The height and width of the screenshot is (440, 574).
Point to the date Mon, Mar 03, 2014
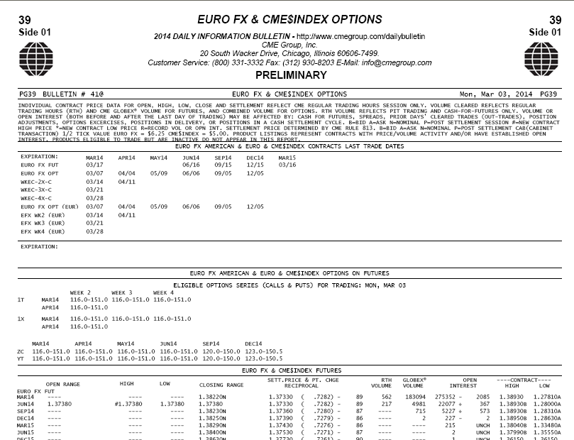pos(496,94)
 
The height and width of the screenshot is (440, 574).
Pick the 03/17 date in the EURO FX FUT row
pos(94,165)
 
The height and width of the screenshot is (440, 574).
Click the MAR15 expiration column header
pos(287,158)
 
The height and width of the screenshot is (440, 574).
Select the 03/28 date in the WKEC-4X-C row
pos(94,198)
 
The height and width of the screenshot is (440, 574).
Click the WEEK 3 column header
pos(122,292)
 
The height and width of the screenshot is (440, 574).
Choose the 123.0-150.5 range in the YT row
pos(263,358)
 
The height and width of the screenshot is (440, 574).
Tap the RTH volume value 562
pos(387,397)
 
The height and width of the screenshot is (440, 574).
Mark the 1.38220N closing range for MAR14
pos(212,397)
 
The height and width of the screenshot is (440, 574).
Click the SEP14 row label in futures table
pos(26,411)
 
